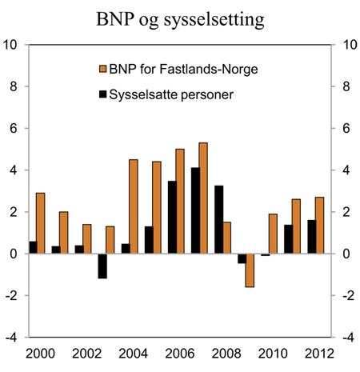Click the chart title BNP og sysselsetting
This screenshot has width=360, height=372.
pyautogui.click(x=180, y=18)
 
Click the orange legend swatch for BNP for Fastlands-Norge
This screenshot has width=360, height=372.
pyautogui.click(x=103, y=70)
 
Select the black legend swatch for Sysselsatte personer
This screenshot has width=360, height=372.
pyautogui.click(x=103, y=95)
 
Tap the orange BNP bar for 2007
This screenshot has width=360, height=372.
pyautogui.click(x=203, y=198)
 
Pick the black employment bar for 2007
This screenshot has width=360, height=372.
pyautogui.click(x=194, y=210)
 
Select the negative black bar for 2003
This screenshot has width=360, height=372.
pyautogui.click(x=102, y=266)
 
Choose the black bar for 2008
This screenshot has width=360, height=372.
pyautogui.click(x=218, y=219)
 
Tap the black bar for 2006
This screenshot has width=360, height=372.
pyautogui.click(x=171, y=217)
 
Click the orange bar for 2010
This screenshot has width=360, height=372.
pyautogui.click(x=273, y=234)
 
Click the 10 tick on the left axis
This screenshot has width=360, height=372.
pyautogui.click(x=13, y=45)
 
